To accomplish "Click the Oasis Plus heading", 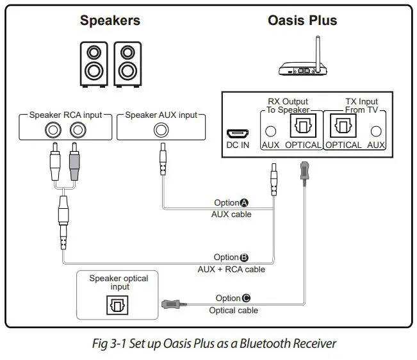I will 302,20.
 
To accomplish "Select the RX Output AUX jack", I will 271,131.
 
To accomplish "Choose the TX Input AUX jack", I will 375,131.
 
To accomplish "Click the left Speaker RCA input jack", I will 51,130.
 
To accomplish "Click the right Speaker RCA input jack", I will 76,130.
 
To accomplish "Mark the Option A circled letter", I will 245,203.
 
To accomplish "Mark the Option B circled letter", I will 245,258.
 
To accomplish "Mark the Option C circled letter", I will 247,298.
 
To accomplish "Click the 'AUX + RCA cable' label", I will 231,269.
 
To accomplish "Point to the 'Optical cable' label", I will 233,310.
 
